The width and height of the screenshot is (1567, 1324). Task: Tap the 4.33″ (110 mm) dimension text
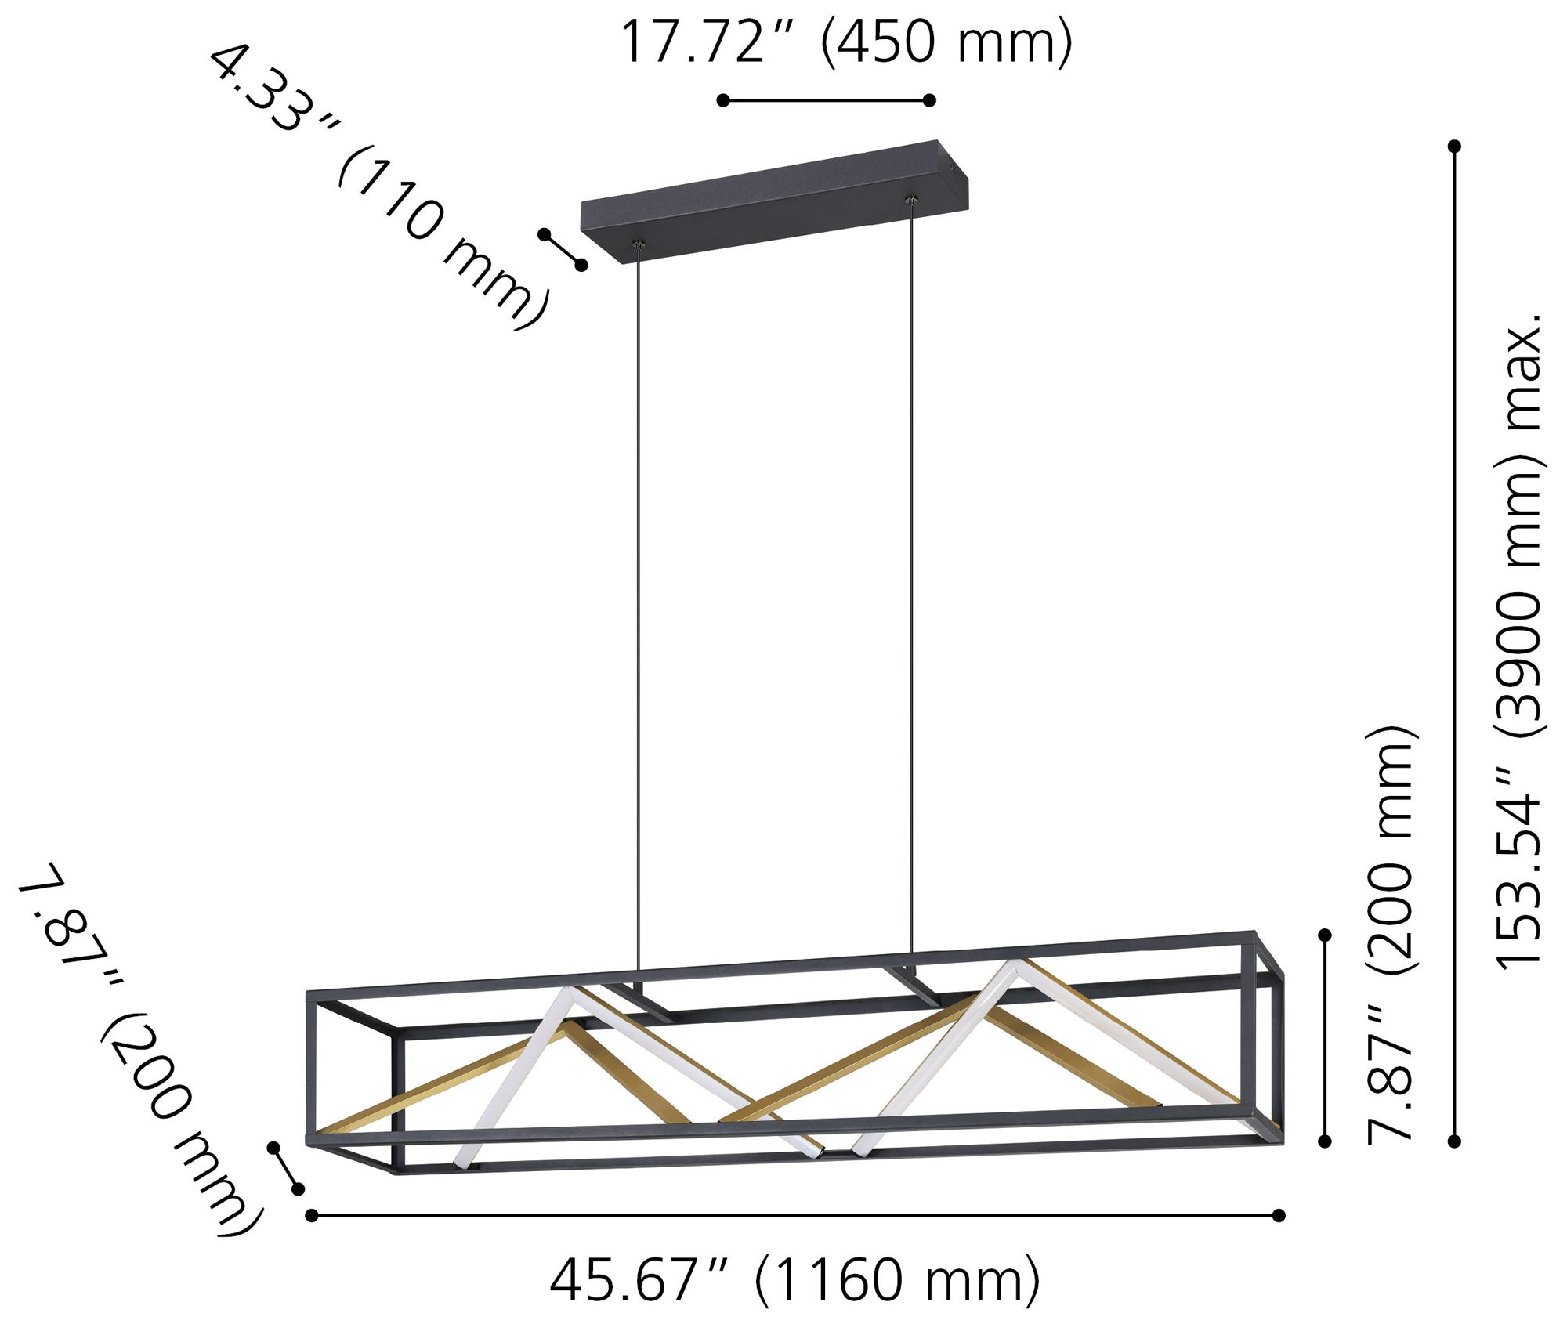pyautogui.click(x=376, y=188)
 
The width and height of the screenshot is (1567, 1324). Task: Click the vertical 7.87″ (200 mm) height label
pyautogui.click(x=1391, y=936)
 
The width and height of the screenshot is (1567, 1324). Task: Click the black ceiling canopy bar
pyautogui.click(x=768, y=200)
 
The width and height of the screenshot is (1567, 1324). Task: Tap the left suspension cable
pyautogui.click(x=639, y=611)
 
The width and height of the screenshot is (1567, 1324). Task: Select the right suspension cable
pyautogui.click(x=912, y=580)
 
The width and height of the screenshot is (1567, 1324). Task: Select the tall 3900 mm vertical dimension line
pyautogui.click(x=1455, y=642)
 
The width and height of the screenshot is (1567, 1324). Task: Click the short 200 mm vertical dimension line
pyautogui.click(x=1325, y=1039)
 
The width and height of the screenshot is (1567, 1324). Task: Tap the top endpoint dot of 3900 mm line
pyautogui.click(x=1455, y=146)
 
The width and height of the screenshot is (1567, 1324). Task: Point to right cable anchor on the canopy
pyautogui.click(x=911, y=202)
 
